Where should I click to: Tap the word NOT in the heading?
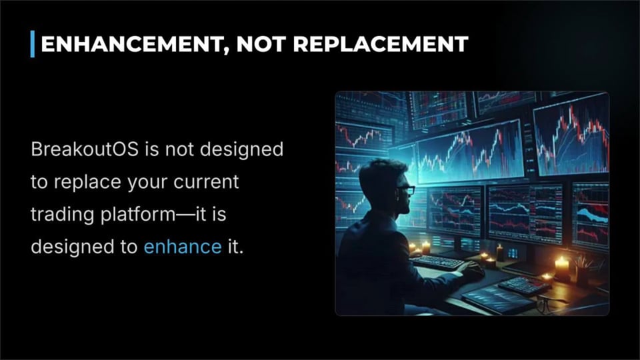coord(258,45)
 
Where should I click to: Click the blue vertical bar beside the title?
coord(33,45)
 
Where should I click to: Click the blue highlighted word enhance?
coord(182,247)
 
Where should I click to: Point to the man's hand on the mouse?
coord(473,269)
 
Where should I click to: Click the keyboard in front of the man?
coord(438,262)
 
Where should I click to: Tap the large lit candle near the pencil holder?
coord(561,268)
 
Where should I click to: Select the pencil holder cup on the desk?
coord(585,273)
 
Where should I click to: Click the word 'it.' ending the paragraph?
coord(235,247)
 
